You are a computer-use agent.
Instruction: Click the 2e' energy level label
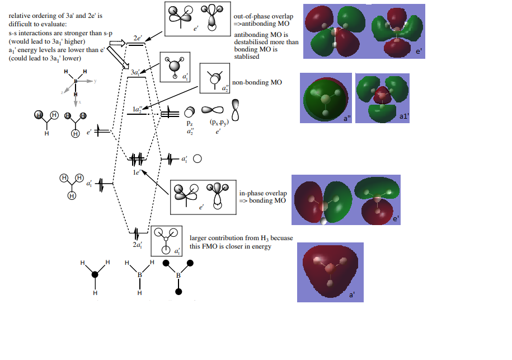click(x=138, y=39)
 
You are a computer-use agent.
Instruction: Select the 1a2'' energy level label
click(x=137, y=108)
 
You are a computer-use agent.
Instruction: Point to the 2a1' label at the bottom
click(x=137, y=245)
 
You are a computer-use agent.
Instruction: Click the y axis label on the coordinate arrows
click(x=96, y=81)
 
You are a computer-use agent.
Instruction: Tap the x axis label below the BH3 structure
click(x=79, y=102)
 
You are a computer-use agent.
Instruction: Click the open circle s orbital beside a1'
click(x=197, y=159)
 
